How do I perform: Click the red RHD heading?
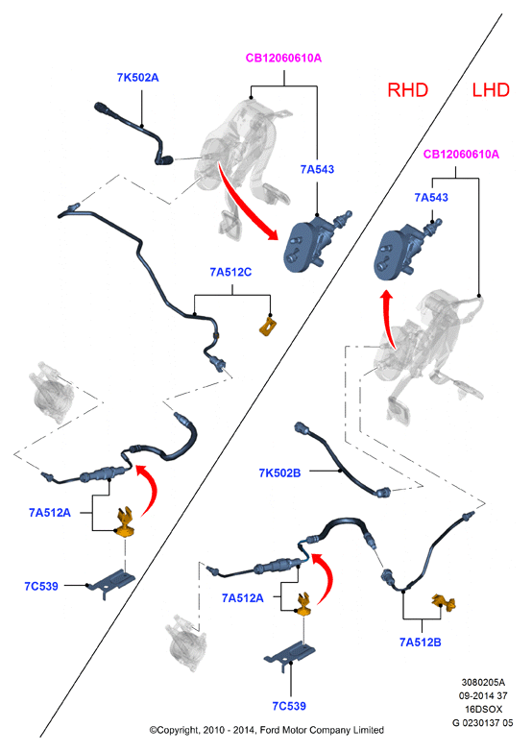(x=407, y=90)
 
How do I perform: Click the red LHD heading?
(x=491, y=90)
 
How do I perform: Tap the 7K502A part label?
(x=138, y=78)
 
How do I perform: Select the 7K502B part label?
(x=279, y=473)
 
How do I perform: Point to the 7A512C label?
(x=230, y=272)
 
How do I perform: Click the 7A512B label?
(x=421, y=642)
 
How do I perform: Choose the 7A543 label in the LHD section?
(x=431, y=197)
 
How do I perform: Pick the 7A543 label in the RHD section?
(x=317, y=169)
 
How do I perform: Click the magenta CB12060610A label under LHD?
(x=461, y=155)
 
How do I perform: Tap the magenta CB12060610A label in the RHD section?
(x=283, y=58)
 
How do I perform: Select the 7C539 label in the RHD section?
(x=41, y=586)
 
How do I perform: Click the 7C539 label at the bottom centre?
(x=289, y=706)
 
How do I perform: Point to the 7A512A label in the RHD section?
(x=50, y=513)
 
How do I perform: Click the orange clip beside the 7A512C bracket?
(x=269, y=326)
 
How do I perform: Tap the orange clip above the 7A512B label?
(x=445, y=602)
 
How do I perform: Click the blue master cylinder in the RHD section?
(x=314, y=241)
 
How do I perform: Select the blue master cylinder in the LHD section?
(x=404, y=250)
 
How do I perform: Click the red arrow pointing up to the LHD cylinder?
(x=389, y=319)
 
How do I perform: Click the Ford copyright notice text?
(x=267, y=730)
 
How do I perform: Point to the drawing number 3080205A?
(x=483, y=682)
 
